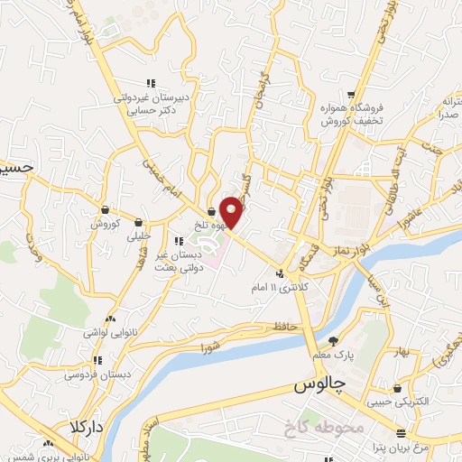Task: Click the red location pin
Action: point(233,211)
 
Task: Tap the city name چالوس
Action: point(319,385)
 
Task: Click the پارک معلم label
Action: point(333,356)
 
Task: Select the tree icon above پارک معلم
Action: point(333,342)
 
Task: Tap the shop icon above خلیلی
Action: point(138,221)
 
